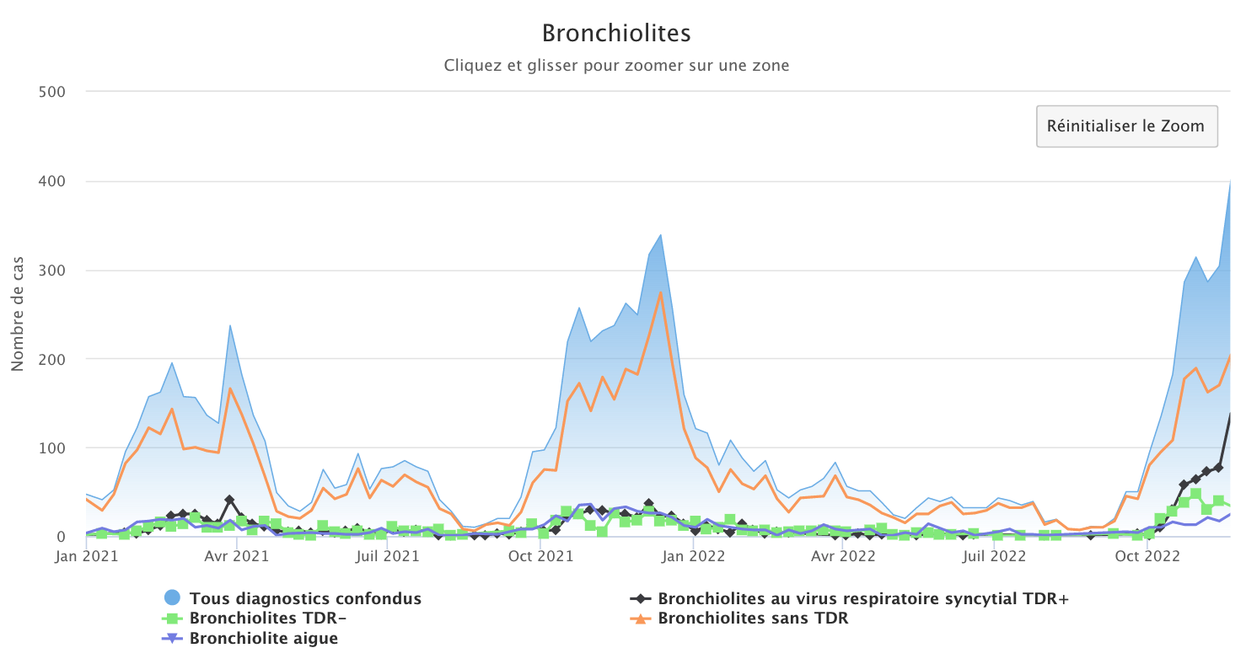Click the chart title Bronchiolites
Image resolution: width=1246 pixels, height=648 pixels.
(616, 33)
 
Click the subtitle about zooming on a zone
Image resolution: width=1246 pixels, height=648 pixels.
(616, 65)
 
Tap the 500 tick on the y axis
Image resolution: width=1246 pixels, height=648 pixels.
(53, 91)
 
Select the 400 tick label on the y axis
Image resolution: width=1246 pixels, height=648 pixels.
(53, 181)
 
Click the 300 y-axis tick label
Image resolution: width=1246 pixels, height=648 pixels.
(53, 270)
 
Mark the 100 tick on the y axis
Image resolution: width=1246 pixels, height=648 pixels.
(53, 448)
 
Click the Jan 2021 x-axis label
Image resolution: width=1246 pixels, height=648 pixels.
(87, 556)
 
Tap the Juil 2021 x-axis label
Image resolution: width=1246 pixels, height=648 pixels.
(385, 556)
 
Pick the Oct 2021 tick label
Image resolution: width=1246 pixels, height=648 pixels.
(538, 556)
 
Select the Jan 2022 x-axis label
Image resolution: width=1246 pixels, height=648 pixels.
(691, 556)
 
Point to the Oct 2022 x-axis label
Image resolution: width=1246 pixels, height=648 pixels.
(1149, 556)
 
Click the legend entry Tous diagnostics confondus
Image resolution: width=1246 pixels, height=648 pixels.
(305, 599)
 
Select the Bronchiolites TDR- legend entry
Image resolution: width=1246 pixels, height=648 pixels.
(267, 619)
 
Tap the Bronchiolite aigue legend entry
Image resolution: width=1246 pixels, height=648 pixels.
(263, 638)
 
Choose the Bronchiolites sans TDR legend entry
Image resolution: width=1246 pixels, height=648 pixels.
(752, 619)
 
